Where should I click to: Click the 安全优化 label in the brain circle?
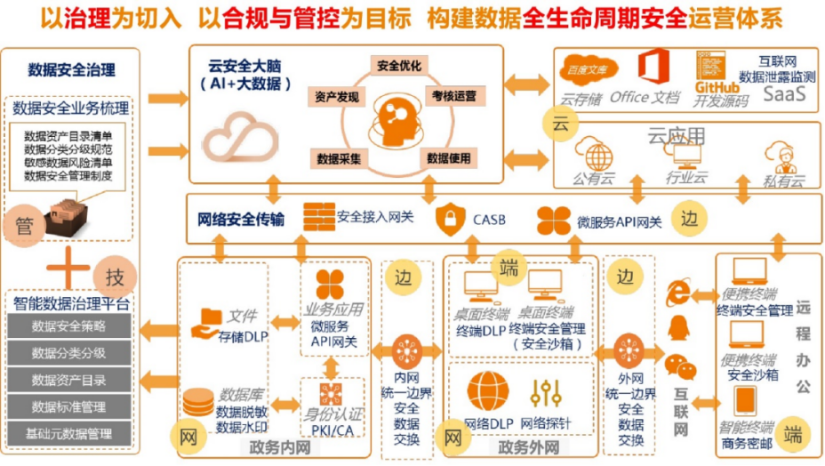399,65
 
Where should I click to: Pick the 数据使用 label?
448,158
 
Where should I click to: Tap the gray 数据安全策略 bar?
68,325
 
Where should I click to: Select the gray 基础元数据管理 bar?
68,434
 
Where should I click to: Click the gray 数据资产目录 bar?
68,380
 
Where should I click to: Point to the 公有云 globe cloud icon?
593,154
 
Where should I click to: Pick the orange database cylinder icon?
197,404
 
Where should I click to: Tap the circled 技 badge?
115,276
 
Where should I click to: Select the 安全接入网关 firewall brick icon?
318,216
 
